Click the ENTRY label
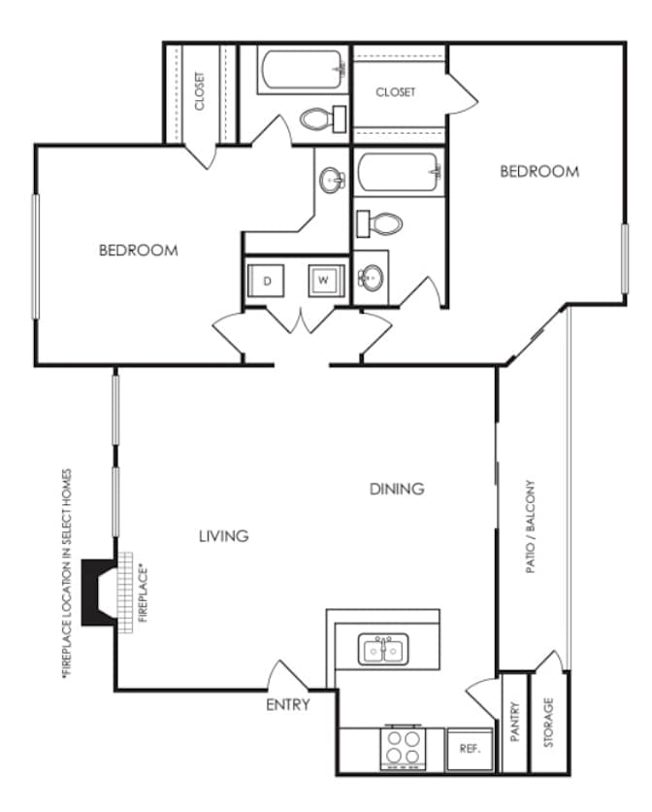[x=288, y=704]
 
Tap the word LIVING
[x=223, y=535]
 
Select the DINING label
[x=397, y=489]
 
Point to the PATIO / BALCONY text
[x=530, y=526]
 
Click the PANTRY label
[x=515, y=722]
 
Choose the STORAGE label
[x=548, y=722]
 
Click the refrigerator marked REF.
[x=470, y=749]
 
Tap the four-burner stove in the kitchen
[x=403, y=747]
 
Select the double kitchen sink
[x=383, y=650]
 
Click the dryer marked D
[x=266, y=281]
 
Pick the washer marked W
[x=326, y=281]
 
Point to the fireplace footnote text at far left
[x=66, y=574]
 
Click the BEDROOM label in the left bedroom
[x=139, y=251]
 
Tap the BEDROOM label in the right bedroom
[x=539, y=171]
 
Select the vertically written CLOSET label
[x=200, y=91]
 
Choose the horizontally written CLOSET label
[x=395, y=91]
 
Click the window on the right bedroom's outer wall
[x=625, y=258]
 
